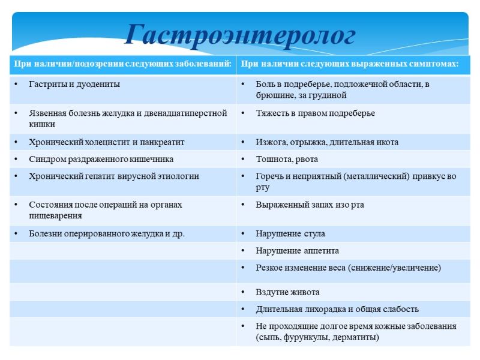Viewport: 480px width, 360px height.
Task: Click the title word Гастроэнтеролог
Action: click(240, 35)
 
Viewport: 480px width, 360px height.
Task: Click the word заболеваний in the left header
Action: click(203, 64)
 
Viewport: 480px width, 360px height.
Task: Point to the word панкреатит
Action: click(162, 142)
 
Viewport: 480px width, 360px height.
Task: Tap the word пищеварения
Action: click(55, 216)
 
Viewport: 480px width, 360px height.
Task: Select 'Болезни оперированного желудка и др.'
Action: click(107, 234)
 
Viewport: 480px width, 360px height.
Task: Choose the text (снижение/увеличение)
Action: click(394, 268)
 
